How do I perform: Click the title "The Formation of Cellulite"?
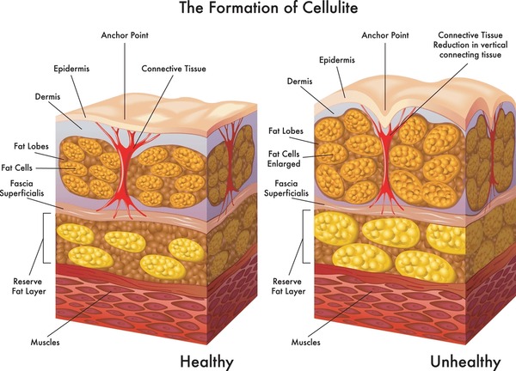[x=268, y=7]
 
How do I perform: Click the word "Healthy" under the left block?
[x=206, y=362]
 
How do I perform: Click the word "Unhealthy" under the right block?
[x=465, y=362]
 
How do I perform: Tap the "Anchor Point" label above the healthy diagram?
[x=125, y=35]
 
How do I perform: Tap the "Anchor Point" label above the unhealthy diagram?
[x=385, y=35]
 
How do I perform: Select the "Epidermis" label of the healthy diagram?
[x=71, y=69]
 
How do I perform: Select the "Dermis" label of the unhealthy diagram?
[x=299, y=82]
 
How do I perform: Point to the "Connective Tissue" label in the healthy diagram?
[x=174, y=69]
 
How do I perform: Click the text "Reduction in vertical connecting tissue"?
[x=470, y=50]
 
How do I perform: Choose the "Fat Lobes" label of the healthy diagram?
[x=31, y=146]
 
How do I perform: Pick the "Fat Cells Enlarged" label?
[x=284, y=159]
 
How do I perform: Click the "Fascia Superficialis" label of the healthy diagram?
[x=21, y=188]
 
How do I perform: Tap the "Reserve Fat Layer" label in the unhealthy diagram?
[x=288, y=286]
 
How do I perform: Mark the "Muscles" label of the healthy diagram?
[x=45, y=343]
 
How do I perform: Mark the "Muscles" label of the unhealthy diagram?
[x=305, y=343]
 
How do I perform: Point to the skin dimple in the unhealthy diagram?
[x=385, y=119]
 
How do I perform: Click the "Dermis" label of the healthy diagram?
[x=47, y=96]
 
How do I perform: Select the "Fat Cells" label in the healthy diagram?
[x=17, y=168]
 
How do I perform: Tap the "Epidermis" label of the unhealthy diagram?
[x=337, y=60]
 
